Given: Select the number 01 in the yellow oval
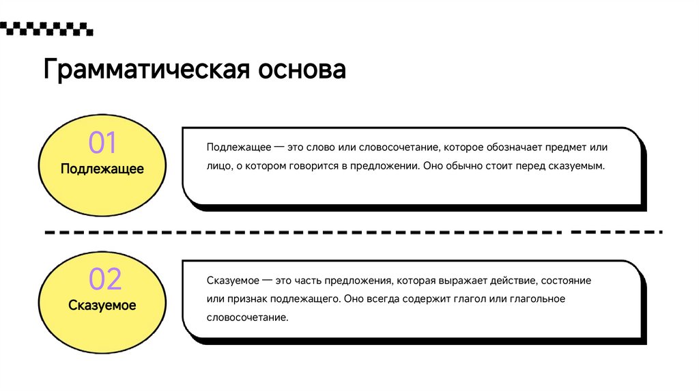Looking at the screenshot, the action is [102, 143].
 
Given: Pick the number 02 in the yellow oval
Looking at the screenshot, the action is [104, 280].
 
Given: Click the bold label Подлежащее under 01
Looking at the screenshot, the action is [102, 169].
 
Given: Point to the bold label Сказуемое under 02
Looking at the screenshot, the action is [102, 305].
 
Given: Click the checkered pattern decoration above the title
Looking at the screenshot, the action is [46, 29].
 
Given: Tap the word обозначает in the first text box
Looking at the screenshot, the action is [492, 148].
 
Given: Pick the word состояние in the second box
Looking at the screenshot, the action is [567, 281].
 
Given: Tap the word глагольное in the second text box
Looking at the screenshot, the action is [536, 299].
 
